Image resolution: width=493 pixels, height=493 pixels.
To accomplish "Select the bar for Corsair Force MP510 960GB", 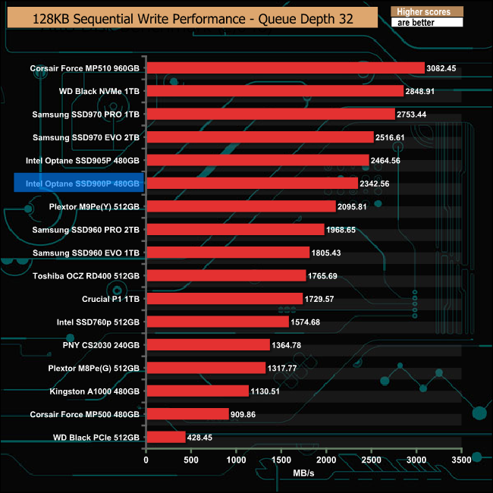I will click(x=284, y=68).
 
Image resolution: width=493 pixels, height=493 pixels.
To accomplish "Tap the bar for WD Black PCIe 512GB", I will click(x=165, y=437).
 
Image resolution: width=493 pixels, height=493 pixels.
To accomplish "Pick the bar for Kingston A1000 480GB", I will click(x=197, y=391).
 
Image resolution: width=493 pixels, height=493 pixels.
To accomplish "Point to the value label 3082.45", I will click(x=441, y=68).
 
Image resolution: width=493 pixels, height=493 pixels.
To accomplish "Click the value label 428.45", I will click(x=203, y=438).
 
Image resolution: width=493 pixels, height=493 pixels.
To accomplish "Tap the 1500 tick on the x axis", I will click(x=281, y=460).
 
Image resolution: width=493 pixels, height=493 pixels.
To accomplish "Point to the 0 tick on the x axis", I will click(x=146, y=460).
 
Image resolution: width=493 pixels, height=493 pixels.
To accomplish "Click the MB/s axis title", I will click(x=303, y=473).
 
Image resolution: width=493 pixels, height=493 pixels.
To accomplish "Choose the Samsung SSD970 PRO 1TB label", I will click(x=86, y=115).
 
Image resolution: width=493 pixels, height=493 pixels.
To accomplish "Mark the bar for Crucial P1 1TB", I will click(x=224, y=299).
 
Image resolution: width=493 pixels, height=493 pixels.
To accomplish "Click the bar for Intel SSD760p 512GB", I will click(x=217, y=322).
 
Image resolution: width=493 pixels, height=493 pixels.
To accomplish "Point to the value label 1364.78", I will click(x=287, y=345).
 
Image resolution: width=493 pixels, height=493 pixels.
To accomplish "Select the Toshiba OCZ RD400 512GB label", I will click(x=85, y=276).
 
